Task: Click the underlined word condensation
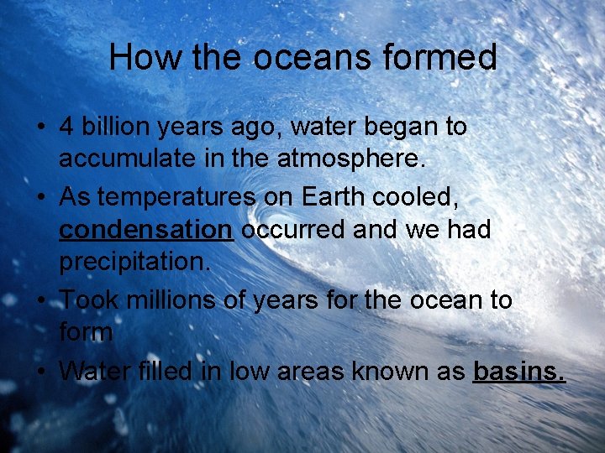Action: (x=145, y=230)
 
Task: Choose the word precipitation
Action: (x=130, y=263)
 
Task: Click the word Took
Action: (x=88, y=299)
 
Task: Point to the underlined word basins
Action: (x=520, y=370)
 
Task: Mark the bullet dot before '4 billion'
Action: (x=40, y=128)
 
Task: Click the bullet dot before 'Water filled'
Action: (x=40, y=371)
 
